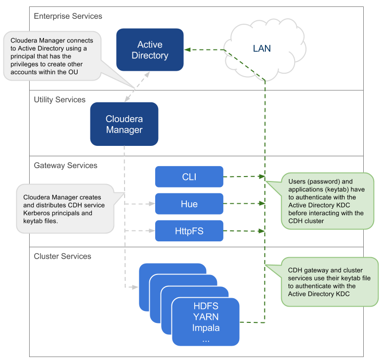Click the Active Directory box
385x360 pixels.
[150, 50]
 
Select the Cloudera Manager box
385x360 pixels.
[124, 124]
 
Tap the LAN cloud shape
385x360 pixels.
[261, 48]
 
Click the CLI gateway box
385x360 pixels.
[189, 177]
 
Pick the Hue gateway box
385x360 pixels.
[189, 204]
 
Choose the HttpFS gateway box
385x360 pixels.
[189, 231]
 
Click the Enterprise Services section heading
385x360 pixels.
[68, 16]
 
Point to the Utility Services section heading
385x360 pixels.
[59, 100]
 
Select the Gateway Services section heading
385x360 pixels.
[65, 165]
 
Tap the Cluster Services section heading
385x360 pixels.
[62, 256]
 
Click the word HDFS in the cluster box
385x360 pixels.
[206, 307]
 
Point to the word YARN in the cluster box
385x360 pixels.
[206, 317]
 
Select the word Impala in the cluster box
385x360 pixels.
[206, 327]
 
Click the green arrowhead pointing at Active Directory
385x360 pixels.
[188, 50]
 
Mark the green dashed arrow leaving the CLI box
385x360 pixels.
[242, 177]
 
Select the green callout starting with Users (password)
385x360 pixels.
[326, 201]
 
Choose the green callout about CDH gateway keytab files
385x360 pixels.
[326, 282]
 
